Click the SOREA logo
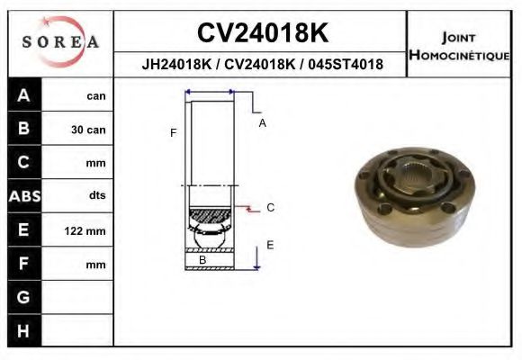(x=60, y=42)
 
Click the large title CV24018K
(x=262, y=33)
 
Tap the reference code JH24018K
(x=175, y=65)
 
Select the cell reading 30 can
(x=88, y=130)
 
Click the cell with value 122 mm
(x=85, y=231)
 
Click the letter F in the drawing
(x=173, y=133)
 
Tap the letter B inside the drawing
(x=202, y=260)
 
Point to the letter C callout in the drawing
(x=270, y=208)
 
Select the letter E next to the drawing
(x=270, y=244)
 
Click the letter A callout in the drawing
(x=262, y=123)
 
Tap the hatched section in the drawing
(x=209, y=216)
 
